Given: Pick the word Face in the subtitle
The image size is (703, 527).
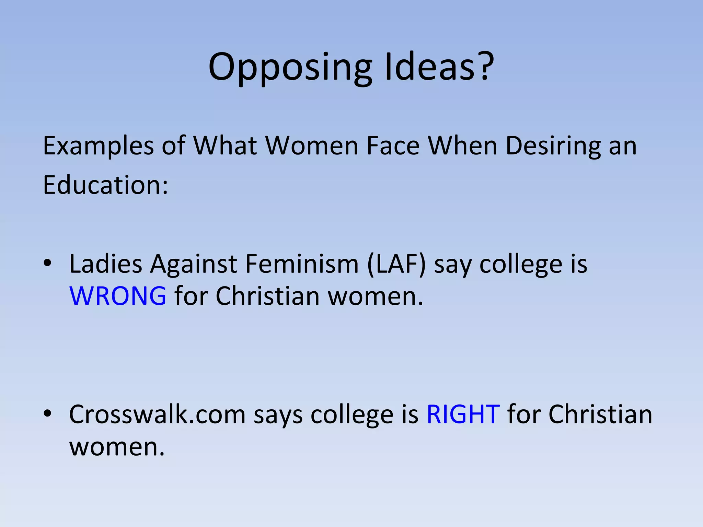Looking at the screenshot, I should pyautogui.click(x=393, y=146).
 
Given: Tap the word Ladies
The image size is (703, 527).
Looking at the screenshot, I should pyautogui.click(x=106, y=264).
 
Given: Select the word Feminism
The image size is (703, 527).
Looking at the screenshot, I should pyautogui.click(x=302, y=264).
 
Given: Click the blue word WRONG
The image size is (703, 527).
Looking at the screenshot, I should pyautogui.click(x=118, y=296).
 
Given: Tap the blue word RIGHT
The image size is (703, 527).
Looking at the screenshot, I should pyautogui.click(x=463, y=414).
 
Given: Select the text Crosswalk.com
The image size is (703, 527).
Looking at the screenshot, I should pyautogui.click(x=158, y=414).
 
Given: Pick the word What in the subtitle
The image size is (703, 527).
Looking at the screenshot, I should pyautogui.click(x=225, y=146).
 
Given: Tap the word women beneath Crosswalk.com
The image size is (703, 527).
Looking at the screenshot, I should pyautogui.click(x=117, y=447).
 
